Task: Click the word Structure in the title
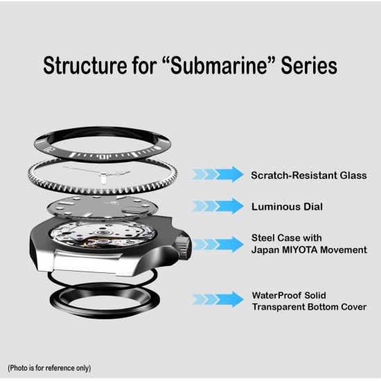85,65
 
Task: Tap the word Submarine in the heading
218,65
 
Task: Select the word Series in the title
309,65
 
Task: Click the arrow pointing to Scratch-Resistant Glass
218,174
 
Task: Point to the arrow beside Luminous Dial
218,206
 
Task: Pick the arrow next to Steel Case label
218,245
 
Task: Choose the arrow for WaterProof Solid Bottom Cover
218,299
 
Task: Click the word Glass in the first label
353,175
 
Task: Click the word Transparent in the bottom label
278,307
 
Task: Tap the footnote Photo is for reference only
49,368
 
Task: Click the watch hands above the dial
97,174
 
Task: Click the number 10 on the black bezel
105,157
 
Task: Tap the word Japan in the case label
265,250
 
